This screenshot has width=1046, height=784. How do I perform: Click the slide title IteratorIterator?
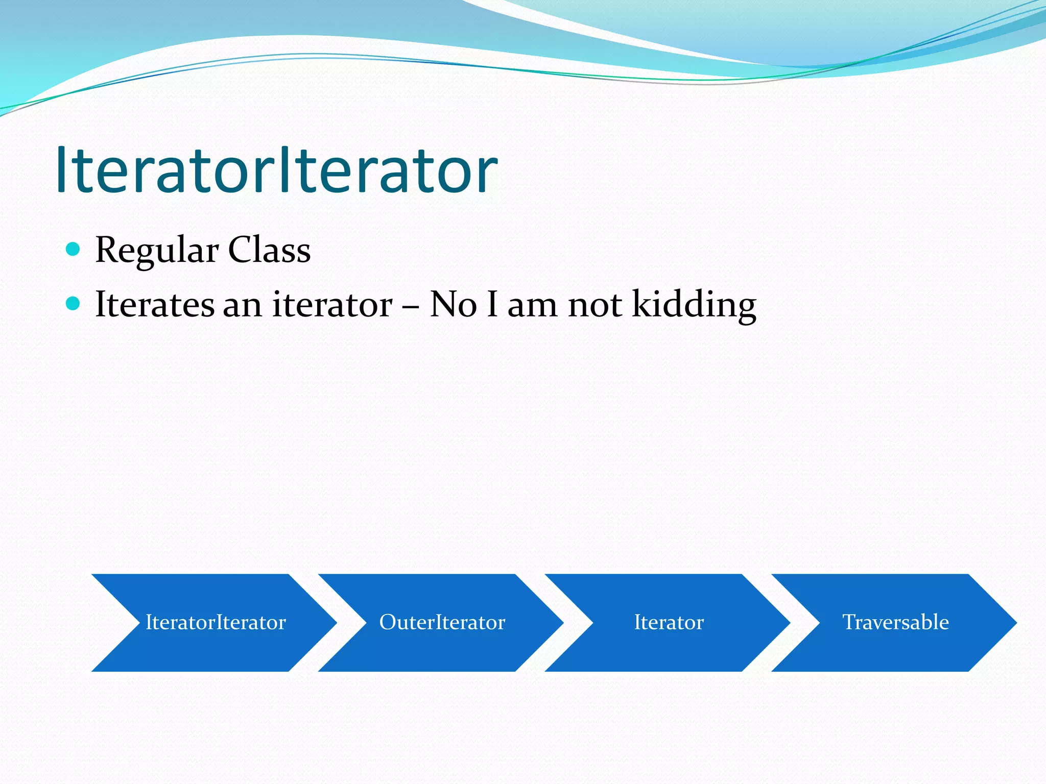click(x=276, y=170)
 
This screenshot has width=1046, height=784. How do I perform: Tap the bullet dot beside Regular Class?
click(x=74, y=250)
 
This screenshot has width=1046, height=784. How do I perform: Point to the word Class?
click(x=269, y=250)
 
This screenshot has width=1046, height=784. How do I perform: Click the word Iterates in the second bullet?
click(x=155, y=304)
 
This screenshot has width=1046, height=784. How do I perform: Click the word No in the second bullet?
click(x=453, y=305)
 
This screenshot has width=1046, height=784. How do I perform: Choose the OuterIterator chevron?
click(x=442, y=622)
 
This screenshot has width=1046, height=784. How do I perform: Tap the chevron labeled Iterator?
click(x=669, y=622)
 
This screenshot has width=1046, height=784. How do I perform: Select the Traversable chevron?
click(x=895, y=622)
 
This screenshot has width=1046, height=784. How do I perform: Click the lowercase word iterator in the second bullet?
click(x=332, y=305)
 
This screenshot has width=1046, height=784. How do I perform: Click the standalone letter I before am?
click(x=492, y=304)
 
